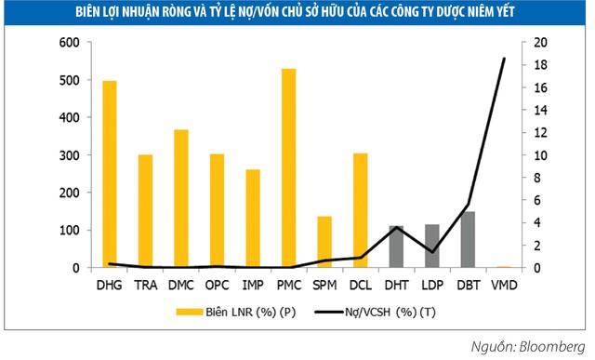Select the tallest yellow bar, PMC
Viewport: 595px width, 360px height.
click(x=288, y=168)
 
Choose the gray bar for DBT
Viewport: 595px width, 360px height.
click(x=468, y=240)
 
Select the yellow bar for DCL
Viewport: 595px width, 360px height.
click(x=360, y=210)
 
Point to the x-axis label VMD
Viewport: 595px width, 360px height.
click(x=503, y=284)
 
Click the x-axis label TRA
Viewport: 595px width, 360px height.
click(x=145, y=284)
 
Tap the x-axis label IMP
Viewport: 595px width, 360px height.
click(x=252, y=284)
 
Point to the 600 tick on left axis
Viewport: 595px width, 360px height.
click(x=69, y=43)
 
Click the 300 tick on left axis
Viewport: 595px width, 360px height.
click(x=69, y=155)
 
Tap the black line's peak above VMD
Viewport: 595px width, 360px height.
click(x=503, y=59)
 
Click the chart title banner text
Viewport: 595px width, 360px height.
click(x=297, y=13)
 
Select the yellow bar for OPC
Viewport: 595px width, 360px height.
click(x=217, y=211)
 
